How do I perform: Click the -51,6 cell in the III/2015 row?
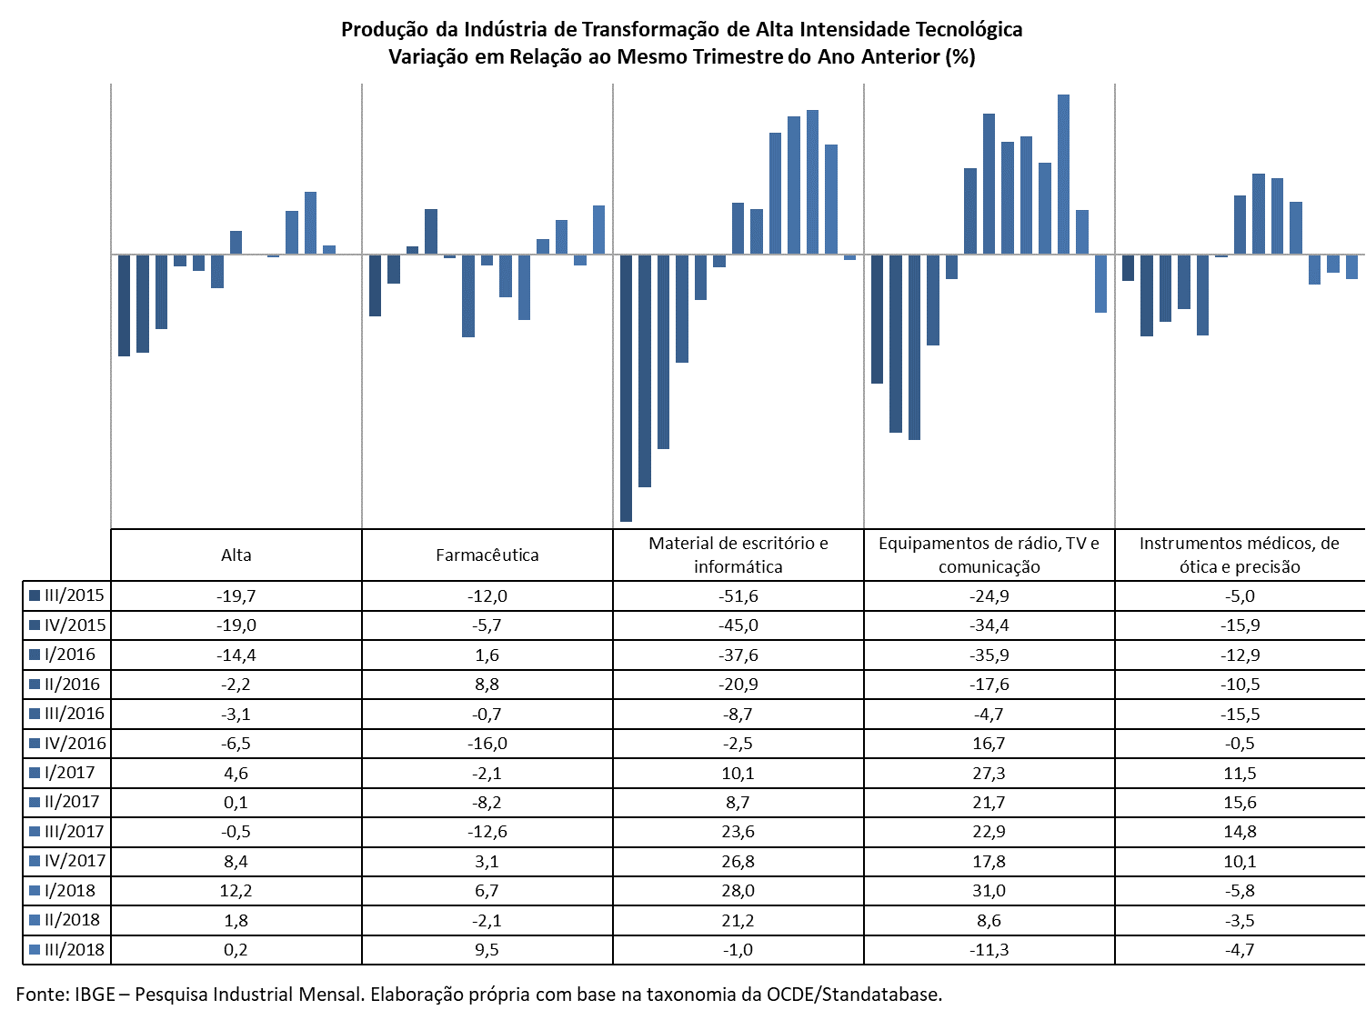click(738, 595)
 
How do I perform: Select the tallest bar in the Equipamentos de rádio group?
click(1063, 175)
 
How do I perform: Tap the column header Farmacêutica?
click(487, 555)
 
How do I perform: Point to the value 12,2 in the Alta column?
click(236, 891)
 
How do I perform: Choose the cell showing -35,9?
click(989, 655)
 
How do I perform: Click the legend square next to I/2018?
click(35, 891)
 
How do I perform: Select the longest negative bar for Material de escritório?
click(626, 388)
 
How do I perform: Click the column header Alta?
click(236, 555)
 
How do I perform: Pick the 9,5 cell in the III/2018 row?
click(487, 950)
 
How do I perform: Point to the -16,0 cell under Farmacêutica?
click(487, 744)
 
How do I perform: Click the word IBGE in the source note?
click(95, 995)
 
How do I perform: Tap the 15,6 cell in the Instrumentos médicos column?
click(1240, 803)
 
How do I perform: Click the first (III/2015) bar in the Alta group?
click(124, 305)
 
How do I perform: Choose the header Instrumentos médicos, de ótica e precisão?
click(1240, 555)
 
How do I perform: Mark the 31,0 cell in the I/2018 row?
click(989, 891)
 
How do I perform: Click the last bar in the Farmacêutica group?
click(598, 229)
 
